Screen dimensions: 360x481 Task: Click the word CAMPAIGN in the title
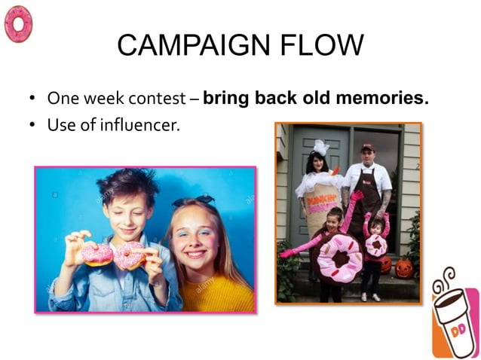(188, 47)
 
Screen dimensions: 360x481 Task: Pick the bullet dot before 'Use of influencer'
(32, 126)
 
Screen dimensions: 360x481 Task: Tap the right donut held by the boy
(129, 256)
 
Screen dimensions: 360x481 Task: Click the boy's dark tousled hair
(125, 185)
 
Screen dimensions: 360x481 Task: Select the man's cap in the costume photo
(367, 148)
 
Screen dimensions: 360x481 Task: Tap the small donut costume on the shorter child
(375, 246)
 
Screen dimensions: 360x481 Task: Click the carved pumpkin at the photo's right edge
(405, 267)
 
